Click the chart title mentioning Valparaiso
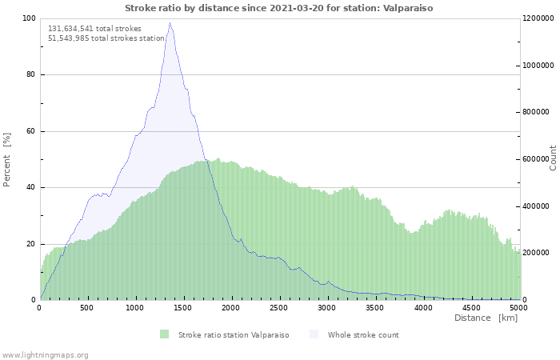point(279,8)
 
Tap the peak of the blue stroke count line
point(170,23)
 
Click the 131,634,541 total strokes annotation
point(94,29)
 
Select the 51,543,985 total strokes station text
point(106,38)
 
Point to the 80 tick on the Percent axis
point(30,74)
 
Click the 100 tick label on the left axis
point(29,18)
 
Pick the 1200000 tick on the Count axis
point(538,18)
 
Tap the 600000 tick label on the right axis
point(535,159)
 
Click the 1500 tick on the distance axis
point(183,308)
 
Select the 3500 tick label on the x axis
point(374,308)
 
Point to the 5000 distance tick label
point(518,308)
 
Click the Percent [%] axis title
point(6,160)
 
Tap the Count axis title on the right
point(553,158)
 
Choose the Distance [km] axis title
point(486,318)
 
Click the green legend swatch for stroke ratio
point(164,334)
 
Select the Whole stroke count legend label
point(363,335)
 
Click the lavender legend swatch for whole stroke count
point(314,334)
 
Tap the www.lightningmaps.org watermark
point(44,355)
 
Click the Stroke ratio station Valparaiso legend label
point(234,335)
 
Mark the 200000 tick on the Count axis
point(535,253)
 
